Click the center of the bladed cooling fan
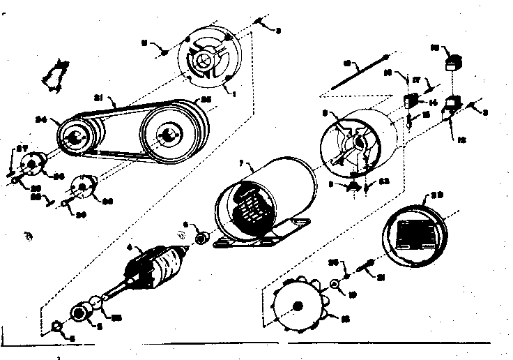298,306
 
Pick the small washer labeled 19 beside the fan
336,284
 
